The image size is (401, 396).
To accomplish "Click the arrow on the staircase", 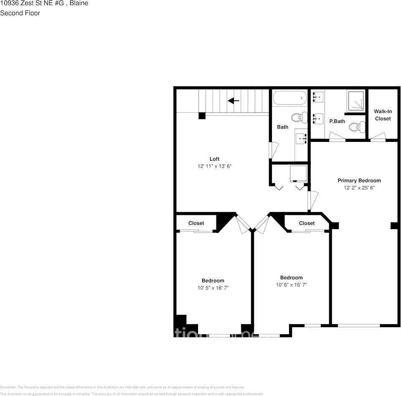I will (233, 101).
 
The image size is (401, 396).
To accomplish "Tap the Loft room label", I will (214, 159).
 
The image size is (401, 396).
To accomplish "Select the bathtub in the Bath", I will (289, 98).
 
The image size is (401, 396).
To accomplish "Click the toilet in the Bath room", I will (297, 118).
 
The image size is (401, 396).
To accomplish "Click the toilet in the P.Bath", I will (356, 126).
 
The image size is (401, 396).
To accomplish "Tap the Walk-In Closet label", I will (383, 115).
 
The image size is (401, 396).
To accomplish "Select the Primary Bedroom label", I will (359, 180).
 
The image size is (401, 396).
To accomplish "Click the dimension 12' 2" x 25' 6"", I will (359, 188).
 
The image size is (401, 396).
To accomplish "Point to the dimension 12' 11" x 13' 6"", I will (214, 166).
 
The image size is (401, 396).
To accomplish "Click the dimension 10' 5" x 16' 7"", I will (213, 288).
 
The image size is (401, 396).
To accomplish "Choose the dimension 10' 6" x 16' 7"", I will (291, 285).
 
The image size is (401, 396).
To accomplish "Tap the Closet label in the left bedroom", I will (196, 223).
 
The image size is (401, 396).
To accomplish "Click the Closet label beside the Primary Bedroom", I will (307, 223).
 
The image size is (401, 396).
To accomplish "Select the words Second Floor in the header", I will (20, 13).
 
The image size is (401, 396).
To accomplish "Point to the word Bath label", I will (283, 127).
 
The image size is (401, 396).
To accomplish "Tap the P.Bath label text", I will (337, 121).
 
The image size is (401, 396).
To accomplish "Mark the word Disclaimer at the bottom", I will (8, 387).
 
